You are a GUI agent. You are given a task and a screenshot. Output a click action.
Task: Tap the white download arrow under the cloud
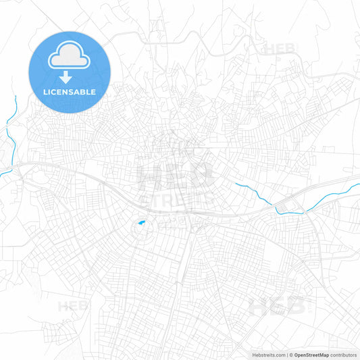pos(66,76)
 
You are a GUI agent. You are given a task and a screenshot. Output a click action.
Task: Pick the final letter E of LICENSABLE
pos(93,91)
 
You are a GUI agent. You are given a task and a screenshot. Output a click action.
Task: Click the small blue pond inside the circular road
pos(140,223)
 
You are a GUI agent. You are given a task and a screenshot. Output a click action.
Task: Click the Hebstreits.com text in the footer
pos(267,354)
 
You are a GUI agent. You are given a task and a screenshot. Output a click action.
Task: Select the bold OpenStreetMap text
pos(311,354)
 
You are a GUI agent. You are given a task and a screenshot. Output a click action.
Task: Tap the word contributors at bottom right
pos(343,354)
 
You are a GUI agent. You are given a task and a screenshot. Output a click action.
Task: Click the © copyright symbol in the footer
pos(291,354)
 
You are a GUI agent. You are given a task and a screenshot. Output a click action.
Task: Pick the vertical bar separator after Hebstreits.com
pos(286,354)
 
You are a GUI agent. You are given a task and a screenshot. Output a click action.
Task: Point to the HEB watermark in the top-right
pos(280,49)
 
